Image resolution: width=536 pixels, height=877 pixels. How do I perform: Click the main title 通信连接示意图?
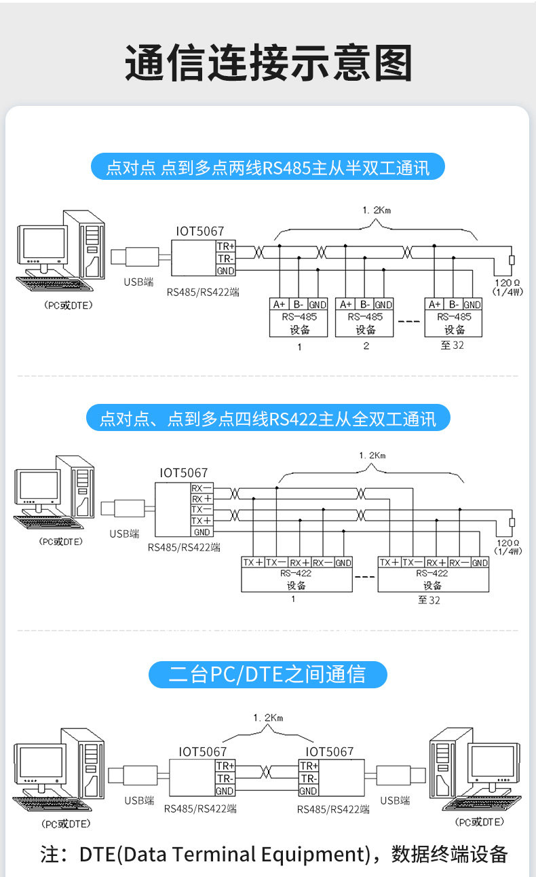268,63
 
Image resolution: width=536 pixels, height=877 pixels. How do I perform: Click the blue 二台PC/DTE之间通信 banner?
268,675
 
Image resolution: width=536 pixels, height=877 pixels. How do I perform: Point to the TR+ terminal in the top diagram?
225,246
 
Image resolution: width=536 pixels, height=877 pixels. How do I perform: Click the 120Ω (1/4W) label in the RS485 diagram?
508,286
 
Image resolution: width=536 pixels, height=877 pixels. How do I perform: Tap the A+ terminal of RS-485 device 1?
279,304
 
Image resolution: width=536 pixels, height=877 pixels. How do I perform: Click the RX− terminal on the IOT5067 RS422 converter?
202,488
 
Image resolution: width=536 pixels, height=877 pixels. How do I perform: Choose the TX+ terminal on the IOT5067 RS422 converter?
202,521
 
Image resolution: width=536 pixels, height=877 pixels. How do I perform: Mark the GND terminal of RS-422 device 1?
343,563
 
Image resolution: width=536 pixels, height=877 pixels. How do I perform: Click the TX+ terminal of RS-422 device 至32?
389,563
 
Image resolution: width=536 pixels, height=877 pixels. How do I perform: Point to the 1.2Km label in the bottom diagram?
267,717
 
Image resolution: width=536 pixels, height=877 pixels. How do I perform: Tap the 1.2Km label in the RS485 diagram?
377,210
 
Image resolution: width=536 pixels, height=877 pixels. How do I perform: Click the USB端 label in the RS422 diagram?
124,534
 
